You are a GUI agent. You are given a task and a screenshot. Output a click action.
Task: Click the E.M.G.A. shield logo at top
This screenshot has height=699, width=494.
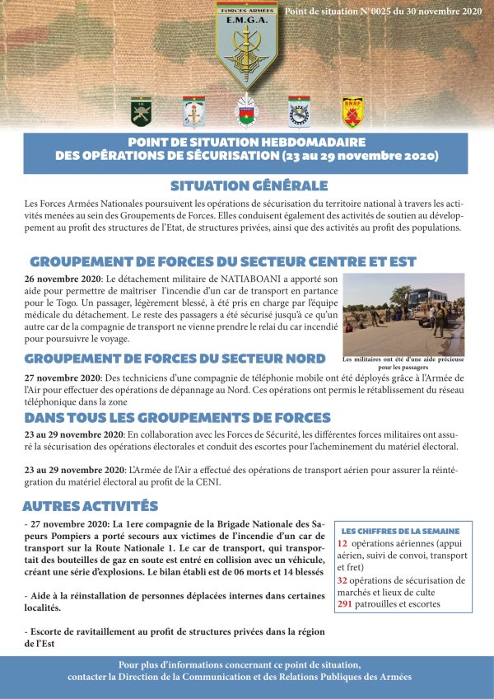[246, 45]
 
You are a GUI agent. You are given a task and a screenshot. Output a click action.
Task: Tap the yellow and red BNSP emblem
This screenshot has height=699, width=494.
[352, 111]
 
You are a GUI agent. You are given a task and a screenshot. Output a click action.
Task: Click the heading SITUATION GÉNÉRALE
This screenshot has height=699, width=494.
[249, 185]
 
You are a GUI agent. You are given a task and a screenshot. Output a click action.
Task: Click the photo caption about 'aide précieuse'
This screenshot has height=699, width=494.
[403, 363]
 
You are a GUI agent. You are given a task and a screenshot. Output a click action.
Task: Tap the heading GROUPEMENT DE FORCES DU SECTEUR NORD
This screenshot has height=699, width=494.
[175, 359]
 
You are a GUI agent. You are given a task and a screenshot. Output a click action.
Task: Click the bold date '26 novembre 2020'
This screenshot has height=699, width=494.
[62, 279]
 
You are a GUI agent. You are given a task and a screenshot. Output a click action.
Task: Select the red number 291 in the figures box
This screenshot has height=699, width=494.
[347, 603]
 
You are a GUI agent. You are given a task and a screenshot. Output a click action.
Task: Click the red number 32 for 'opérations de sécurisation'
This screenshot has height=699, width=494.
[343, 580]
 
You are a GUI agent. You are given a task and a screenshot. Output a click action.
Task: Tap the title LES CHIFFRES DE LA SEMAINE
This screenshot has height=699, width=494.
[400, 531]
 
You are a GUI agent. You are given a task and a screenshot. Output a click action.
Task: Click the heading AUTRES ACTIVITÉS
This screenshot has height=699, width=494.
[91, 505]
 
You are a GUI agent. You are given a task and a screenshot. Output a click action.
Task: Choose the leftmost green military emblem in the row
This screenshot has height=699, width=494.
[141, 111]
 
